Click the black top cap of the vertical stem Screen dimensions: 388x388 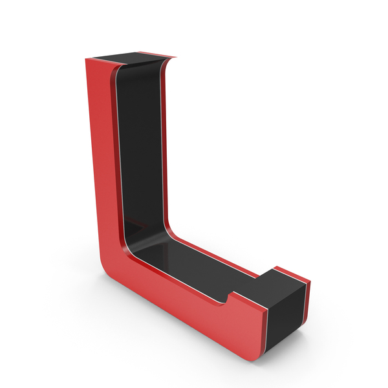point(129,58)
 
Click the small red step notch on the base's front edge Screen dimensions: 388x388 point(229,297)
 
